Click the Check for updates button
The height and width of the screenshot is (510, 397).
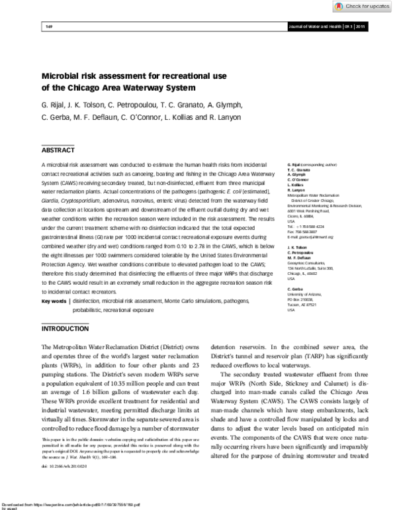363,6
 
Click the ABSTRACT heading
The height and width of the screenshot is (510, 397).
59,150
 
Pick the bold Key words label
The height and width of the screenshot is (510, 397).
54,301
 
